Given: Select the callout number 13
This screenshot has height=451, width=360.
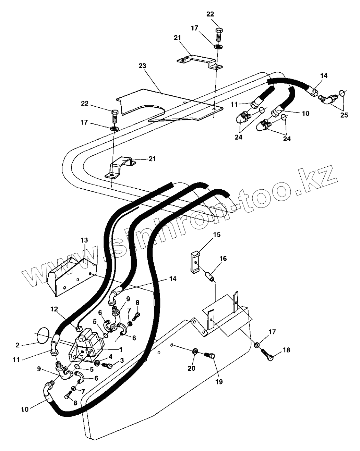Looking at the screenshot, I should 84,240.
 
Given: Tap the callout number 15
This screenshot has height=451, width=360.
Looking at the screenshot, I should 217,235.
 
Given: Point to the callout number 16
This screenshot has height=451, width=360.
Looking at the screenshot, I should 223,259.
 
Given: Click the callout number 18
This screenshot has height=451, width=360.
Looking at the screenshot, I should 286,350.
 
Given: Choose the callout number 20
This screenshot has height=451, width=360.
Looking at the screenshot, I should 191,368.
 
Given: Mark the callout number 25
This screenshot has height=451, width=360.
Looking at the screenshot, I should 344,115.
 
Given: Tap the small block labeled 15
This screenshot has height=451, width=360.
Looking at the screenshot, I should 195,263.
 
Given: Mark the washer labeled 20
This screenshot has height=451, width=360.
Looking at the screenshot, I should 194,351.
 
